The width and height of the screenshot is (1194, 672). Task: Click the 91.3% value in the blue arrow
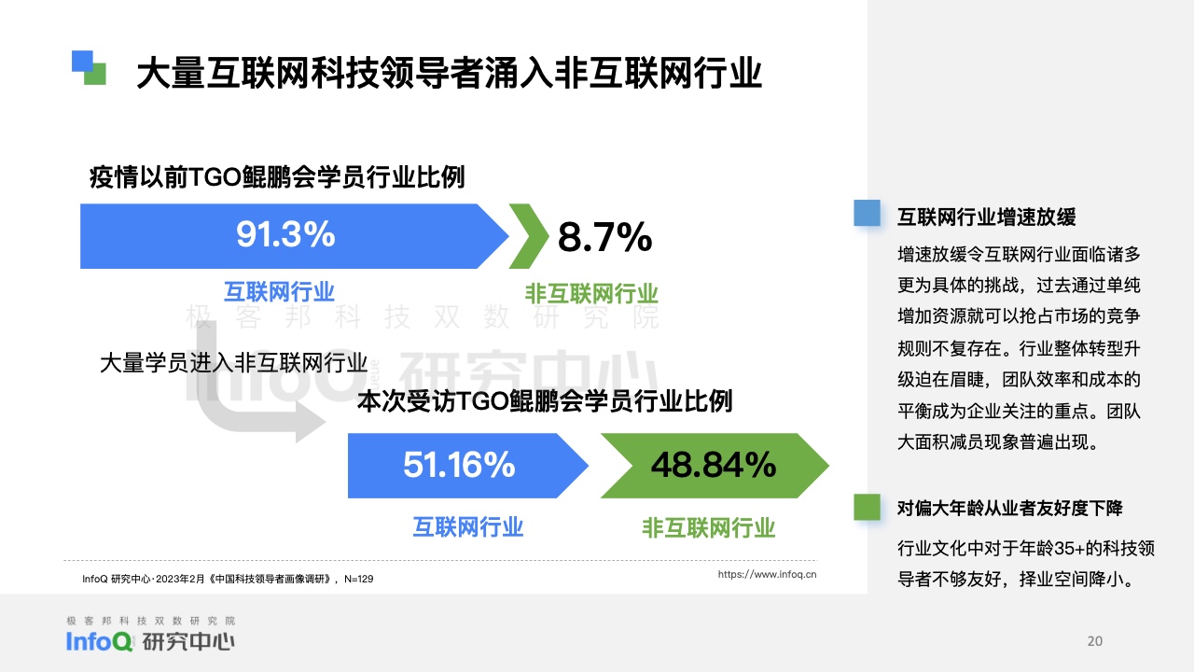[285, 234]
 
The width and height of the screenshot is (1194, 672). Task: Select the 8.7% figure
[605, 237]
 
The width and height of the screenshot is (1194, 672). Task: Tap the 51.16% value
[459, 465]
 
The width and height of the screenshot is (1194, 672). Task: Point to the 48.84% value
[714, 465]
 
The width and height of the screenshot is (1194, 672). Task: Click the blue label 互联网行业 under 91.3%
[279, 292]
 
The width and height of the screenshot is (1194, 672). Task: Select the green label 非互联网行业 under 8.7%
[591, 293]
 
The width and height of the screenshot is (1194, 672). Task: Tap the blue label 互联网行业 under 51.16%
[468, 527]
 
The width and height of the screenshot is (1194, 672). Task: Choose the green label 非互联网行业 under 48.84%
[708, 528]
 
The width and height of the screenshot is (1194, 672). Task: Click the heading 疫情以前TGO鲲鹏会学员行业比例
[277, 177]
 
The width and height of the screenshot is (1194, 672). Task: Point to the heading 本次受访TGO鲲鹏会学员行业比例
[545, 401]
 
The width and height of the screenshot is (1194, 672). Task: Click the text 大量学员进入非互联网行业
[233, 363]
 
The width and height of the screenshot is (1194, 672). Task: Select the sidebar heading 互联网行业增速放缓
[987, 217]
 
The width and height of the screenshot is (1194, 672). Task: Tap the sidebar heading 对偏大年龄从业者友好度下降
[1010, 509]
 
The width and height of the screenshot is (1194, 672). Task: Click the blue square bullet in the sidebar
[868, 213]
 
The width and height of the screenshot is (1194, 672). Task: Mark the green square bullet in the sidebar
[868, 507]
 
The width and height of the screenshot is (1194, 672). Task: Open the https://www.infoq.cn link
[767, 574]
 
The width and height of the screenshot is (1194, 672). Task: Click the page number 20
[1095, 641]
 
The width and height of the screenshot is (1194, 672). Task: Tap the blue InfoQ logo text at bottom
[99, 641]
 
